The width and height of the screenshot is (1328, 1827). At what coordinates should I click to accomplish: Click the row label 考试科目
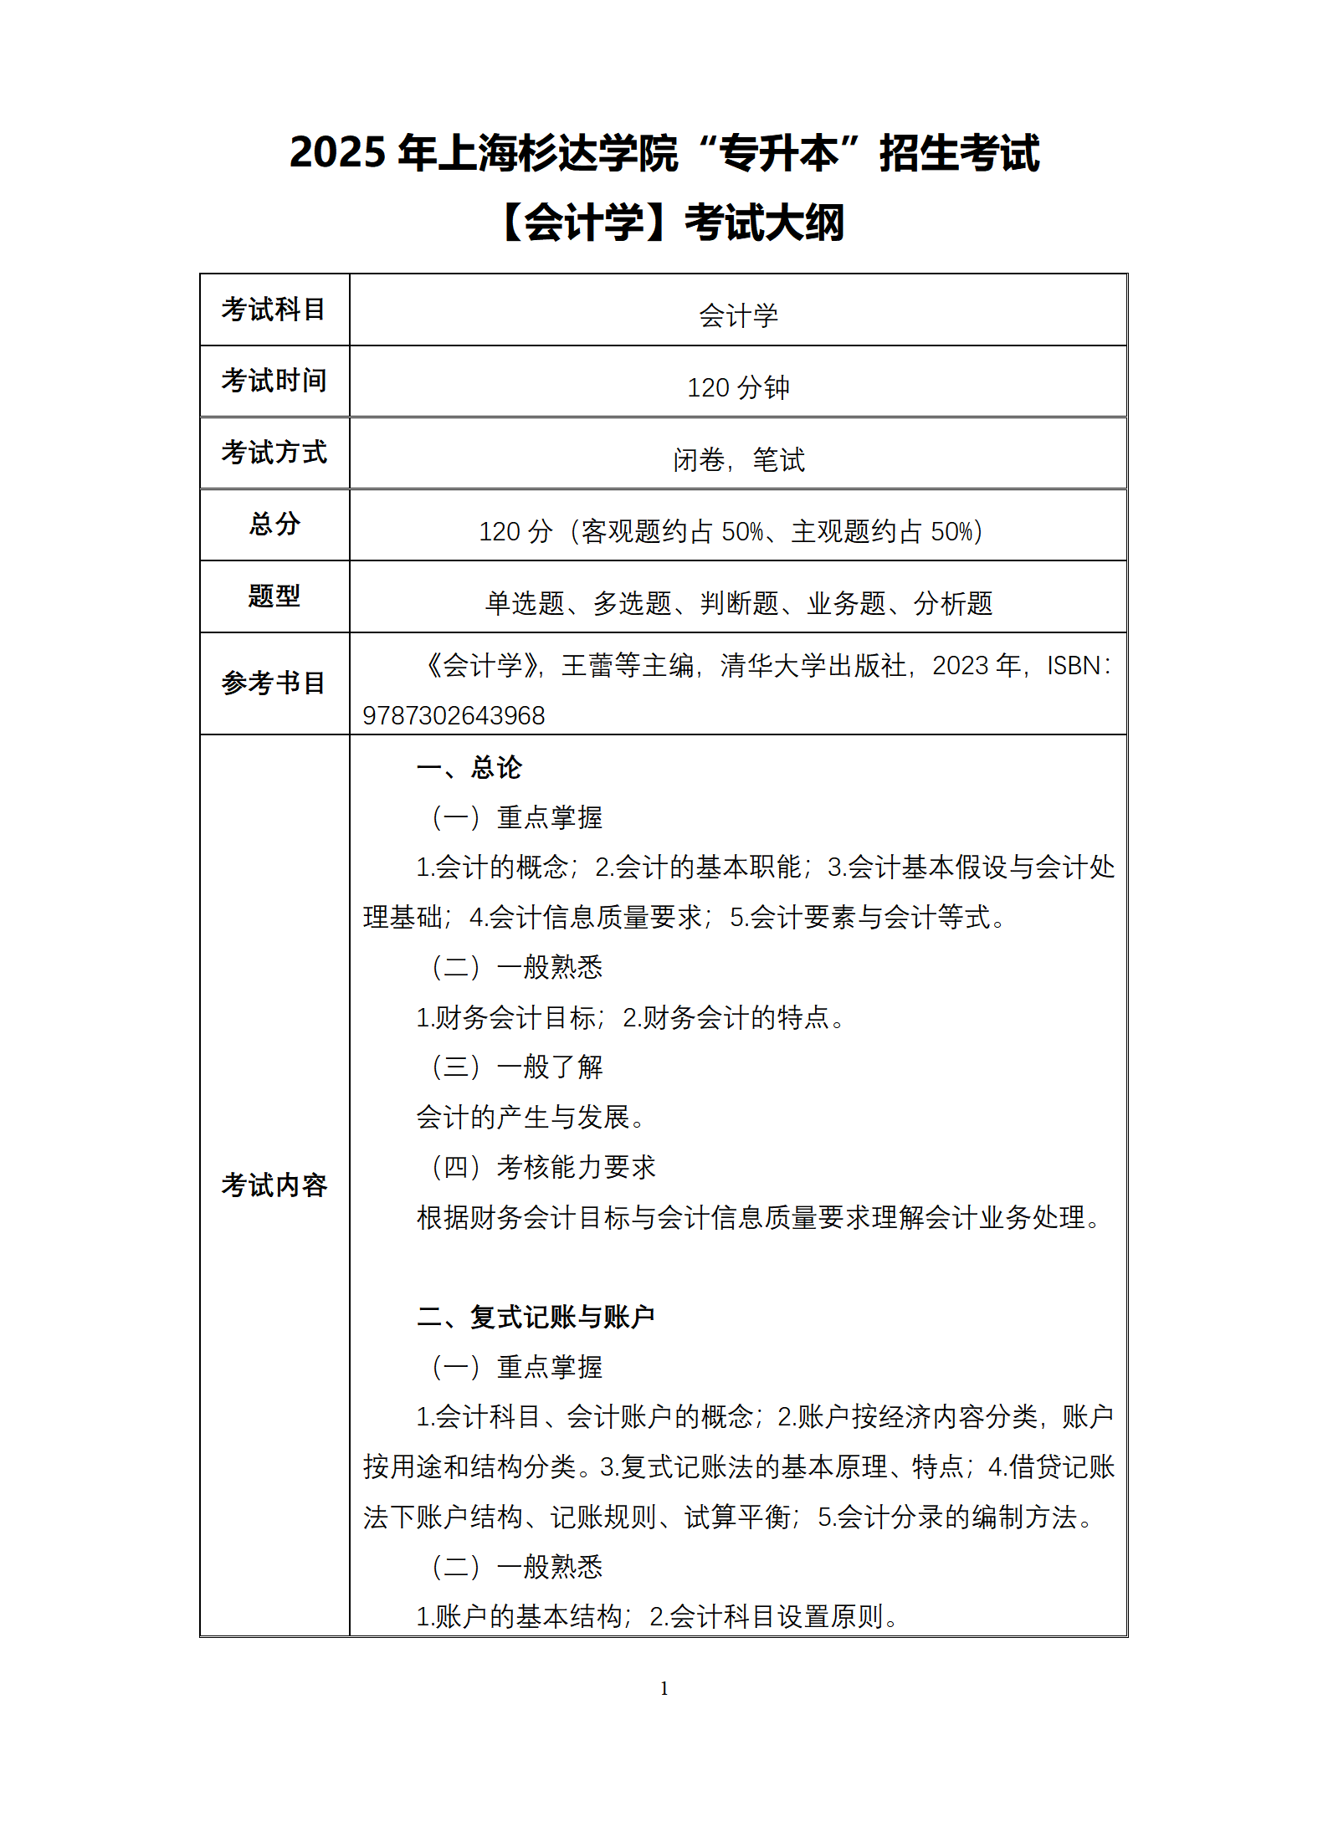(x=274, y=310)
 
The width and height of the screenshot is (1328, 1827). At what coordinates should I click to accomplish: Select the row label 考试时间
(x=274, y=381)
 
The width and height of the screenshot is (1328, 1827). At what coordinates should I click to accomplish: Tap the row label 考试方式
(x=274, y=453)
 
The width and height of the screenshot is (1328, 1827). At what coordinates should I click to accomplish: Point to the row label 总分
(x=274, y=525)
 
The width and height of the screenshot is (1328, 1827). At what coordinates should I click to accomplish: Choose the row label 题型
(x=274, y=596)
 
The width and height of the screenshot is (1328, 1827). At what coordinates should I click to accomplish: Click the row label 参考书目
(x=274, y=683)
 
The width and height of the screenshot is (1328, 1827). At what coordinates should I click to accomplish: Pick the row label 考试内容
(x=274, y=1185)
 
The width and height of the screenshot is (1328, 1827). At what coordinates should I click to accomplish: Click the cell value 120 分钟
(x=738, y=387)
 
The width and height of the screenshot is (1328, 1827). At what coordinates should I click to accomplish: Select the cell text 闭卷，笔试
(x=738, y=459)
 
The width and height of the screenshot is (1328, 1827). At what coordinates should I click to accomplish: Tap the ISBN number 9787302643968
(x=454, y=716)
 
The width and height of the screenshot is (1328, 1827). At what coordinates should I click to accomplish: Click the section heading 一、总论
(x=469, y=767)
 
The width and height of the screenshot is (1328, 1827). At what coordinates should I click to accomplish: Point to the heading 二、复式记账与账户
(x=536, y=1317)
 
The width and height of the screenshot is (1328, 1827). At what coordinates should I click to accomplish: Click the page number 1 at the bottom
(x=664, y=1688)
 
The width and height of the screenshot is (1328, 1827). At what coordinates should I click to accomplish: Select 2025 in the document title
(x=338, y=153)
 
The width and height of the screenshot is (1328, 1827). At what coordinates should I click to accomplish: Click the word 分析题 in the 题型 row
(x=953, y=603)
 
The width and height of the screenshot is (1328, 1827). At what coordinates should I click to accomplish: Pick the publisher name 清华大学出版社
(x=813, y=666)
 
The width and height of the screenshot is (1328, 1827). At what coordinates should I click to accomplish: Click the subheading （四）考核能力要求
(x=542, y=1167)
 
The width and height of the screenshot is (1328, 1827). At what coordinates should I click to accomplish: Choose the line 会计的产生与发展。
(x=531, y=1118)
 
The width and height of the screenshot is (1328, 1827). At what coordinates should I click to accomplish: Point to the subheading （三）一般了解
(x=516, y=1067)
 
